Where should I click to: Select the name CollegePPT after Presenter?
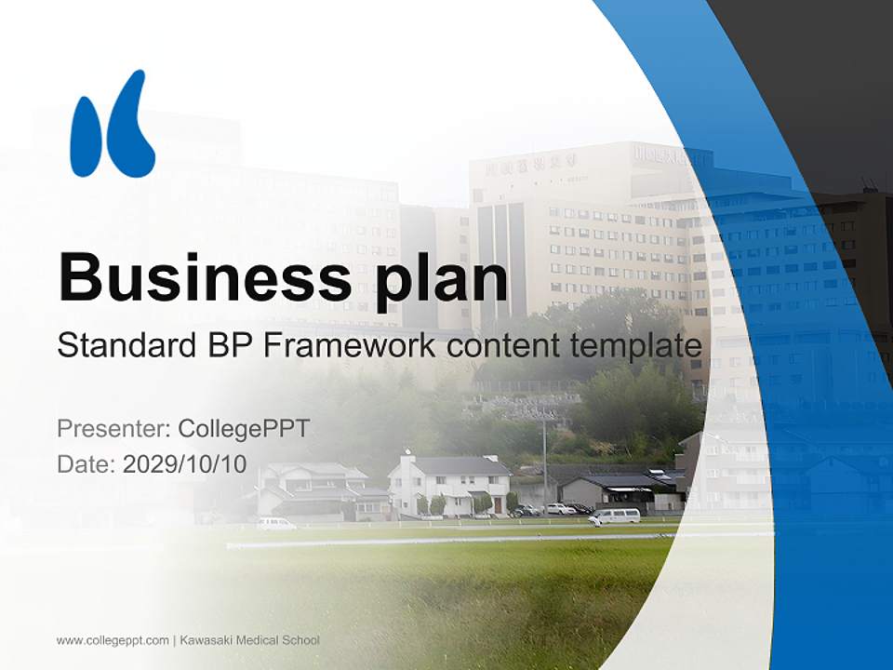(244, 429)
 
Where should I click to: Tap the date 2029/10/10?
(184, 464)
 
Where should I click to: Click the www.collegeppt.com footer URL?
(113, 640)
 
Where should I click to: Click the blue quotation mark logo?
(112, 124)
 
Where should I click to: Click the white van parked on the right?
(615, 516)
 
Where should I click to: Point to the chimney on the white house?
(407, 456)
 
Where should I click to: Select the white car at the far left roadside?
(275, 524)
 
